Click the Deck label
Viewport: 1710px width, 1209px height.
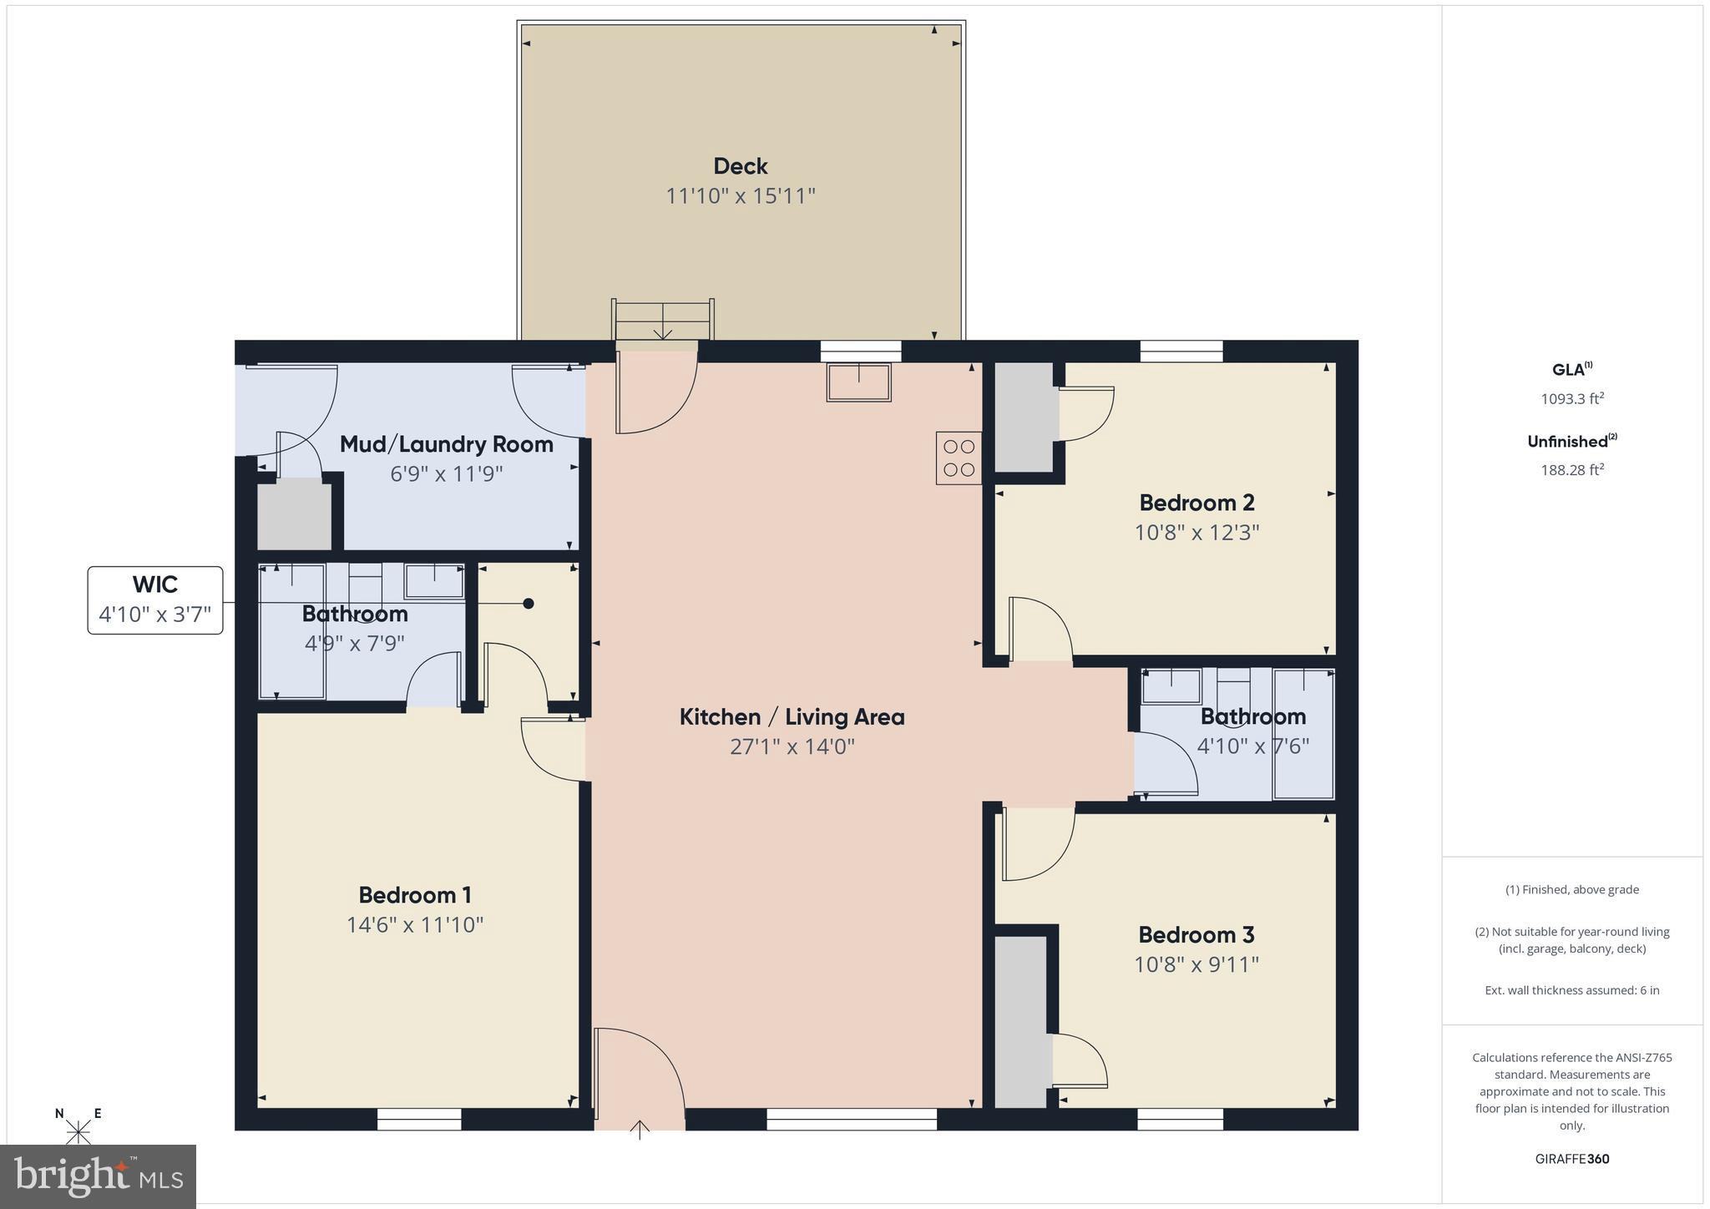point(740,166)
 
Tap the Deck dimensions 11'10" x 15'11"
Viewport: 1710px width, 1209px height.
point(740,196)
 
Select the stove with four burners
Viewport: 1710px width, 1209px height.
point(958,458)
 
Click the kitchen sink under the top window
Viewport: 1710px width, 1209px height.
point(858,382)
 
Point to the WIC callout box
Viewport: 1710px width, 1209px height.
point(155,600)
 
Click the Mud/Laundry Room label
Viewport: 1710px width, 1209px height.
point(446,444)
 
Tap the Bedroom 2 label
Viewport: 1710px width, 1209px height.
point(1196,503)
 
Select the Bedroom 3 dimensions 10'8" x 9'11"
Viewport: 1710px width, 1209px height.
point(1196,964)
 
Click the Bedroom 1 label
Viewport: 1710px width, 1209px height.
point(415,895)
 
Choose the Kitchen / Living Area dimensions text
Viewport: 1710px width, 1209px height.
point(792,746)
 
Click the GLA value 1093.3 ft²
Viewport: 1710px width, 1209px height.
point(1571,399)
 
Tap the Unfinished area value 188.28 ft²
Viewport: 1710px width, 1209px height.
point(1571,470)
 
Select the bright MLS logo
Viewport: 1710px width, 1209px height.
point(99,1176)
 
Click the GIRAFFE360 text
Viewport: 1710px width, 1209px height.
point(1571,1159)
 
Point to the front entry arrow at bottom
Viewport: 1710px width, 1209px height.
point(640,1129)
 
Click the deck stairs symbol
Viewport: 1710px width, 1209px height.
point(663,320)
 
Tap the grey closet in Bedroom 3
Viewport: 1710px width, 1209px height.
point(1020,1021)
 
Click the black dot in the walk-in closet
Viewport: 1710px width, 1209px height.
point(528,603)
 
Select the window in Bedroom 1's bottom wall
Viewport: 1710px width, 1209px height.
point(419,1119)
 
